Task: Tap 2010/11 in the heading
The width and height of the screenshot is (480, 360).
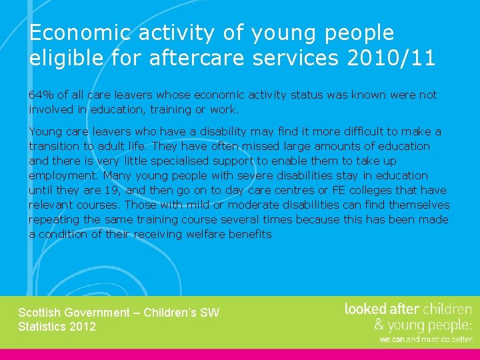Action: click(x=391, y=58)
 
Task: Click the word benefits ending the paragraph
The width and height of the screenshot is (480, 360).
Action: click(x=249, y=234)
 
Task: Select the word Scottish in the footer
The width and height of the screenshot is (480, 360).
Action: click(x=41, y=313)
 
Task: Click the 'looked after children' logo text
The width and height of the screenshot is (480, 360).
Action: click(x=408, y=309)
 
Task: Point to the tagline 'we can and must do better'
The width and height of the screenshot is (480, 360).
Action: click(x=426, y=339)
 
